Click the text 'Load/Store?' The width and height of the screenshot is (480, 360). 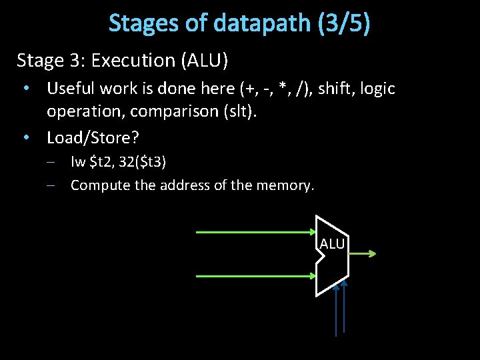pos(93,138)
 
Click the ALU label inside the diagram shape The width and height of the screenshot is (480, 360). pos(332,245)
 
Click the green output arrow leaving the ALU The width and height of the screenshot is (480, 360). pos(363,253)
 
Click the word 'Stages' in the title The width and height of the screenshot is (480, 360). pos(144,23)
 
